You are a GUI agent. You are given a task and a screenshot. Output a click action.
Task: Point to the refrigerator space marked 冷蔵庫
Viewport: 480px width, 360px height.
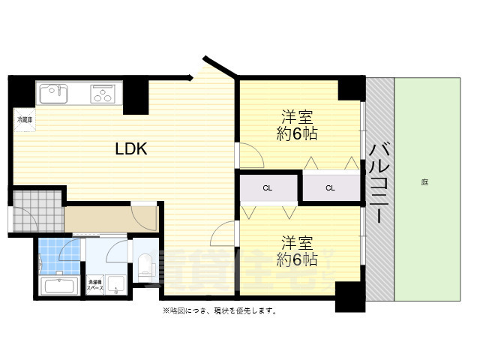(25, 119)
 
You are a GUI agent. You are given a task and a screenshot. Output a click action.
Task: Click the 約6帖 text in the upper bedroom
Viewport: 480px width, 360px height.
(296, 134)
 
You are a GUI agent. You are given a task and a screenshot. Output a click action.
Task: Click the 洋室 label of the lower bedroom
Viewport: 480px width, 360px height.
(297, 243)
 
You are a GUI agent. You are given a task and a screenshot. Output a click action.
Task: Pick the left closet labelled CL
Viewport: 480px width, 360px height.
(267, 187)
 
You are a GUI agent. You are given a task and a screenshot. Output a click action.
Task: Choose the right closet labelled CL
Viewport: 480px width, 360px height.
(330, 187)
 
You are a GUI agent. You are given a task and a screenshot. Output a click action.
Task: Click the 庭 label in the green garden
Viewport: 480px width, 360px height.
(424, 182)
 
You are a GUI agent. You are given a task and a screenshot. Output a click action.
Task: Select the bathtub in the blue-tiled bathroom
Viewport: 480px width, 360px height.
(58, 286)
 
